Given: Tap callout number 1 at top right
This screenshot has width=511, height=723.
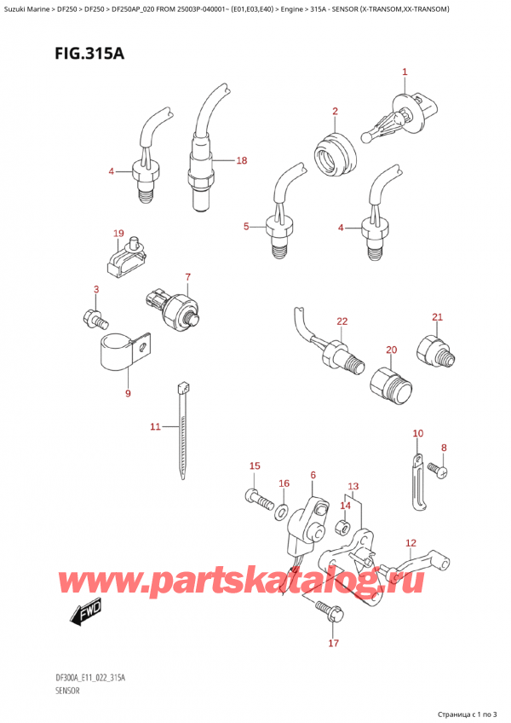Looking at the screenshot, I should [x=405, y=72].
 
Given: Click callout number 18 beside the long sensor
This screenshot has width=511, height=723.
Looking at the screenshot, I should [x=242, y=159].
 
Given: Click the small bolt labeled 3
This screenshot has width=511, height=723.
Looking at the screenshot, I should [x=94, y=321].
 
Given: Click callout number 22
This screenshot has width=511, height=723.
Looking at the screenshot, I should [x=342, y=321].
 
